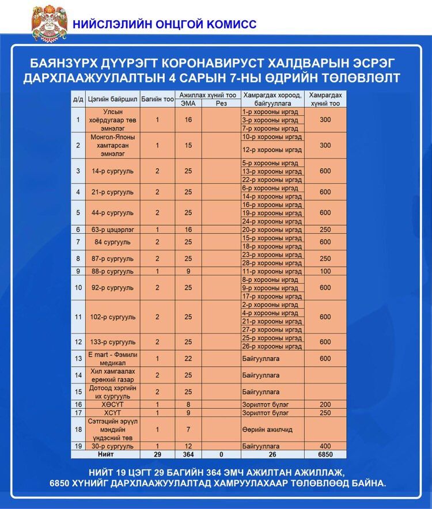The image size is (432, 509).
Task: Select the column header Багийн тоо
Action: pyautogui.click(x=157, y=99)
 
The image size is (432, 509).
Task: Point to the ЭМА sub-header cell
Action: pyautogui.click(x=188, y=104)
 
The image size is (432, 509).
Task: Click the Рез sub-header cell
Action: pyautogui.click(x=221, y=104)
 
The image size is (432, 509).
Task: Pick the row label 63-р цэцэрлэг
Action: pyautogui.click(x=112, y=230)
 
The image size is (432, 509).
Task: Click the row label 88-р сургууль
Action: pyautogui.click(x=112, y=271)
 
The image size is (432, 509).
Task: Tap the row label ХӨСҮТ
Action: pyautogui.click(x=113, y=405)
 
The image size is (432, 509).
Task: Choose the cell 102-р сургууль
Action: pyautogui.click(x=113, y=317)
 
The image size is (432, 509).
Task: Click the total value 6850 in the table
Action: pyautogui.click(x=325, y=454)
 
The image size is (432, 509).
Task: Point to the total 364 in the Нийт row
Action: pyautogui.click(x=188, y=454)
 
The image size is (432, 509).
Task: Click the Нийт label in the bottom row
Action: pyautogui.click(x=113, y=454)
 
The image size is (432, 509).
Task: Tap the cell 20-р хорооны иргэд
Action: pyautogui.click(x=272, y=230)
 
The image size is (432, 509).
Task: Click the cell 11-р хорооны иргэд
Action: pyautogui.click(x=272, y=271)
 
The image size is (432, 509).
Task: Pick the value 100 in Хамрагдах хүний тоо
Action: pyautogui.click(x=325, y=271)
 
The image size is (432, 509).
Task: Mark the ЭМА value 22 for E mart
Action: pyautogui.click(x=188, y=359)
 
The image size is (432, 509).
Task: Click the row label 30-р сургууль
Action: pyautogui.click(x=113, y=446)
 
